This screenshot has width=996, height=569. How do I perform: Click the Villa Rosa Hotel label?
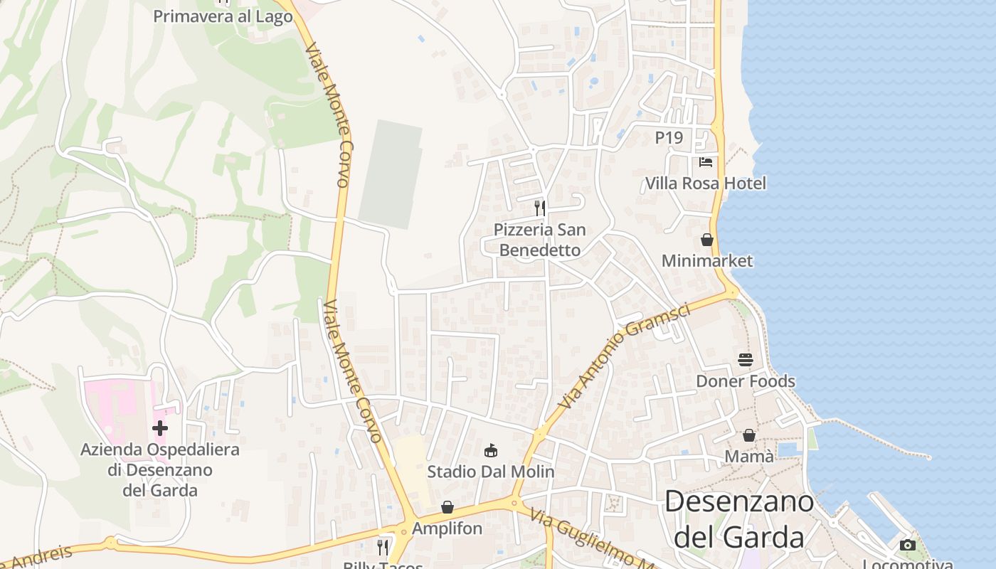[x=705, y=184]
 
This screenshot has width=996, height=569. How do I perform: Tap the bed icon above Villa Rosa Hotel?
[x=705, y=162]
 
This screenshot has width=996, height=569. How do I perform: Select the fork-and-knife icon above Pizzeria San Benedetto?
[x=540, y=208]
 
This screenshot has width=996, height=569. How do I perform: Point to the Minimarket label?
[x=706, y=261]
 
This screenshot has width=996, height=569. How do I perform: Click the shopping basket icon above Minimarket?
[x=706, y=240]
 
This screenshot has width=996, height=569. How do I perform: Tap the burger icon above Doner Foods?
[x=745, y=360]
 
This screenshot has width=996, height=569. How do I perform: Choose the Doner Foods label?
[x=745, y=381]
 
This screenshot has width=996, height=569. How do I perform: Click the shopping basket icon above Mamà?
[x=748, y=435]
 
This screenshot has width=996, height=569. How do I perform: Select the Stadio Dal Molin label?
[x=490, y=472]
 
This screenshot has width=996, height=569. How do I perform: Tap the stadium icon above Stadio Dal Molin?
[x=490, y=450]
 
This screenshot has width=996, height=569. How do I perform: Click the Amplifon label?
[x=447, y=528]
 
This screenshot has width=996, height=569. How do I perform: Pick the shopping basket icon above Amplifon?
[x=447, y=507]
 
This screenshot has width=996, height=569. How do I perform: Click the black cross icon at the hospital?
[x=160, y=428]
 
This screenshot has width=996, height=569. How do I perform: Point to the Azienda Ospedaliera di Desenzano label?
[x=160, y=469]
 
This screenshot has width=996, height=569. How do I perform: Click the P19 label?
[x=669, y=137]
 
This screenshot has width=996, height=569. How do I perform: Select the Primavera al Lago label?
[x=223, y=16]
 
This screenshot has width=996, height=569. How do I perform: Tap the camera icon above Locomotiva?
[x=907, y=545]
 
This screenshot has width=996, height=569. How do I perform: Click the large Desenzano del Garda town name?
[x=739, y=519]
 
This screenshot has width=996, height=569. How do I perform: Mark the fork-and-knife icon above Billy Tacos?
[x=383, y=546]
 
